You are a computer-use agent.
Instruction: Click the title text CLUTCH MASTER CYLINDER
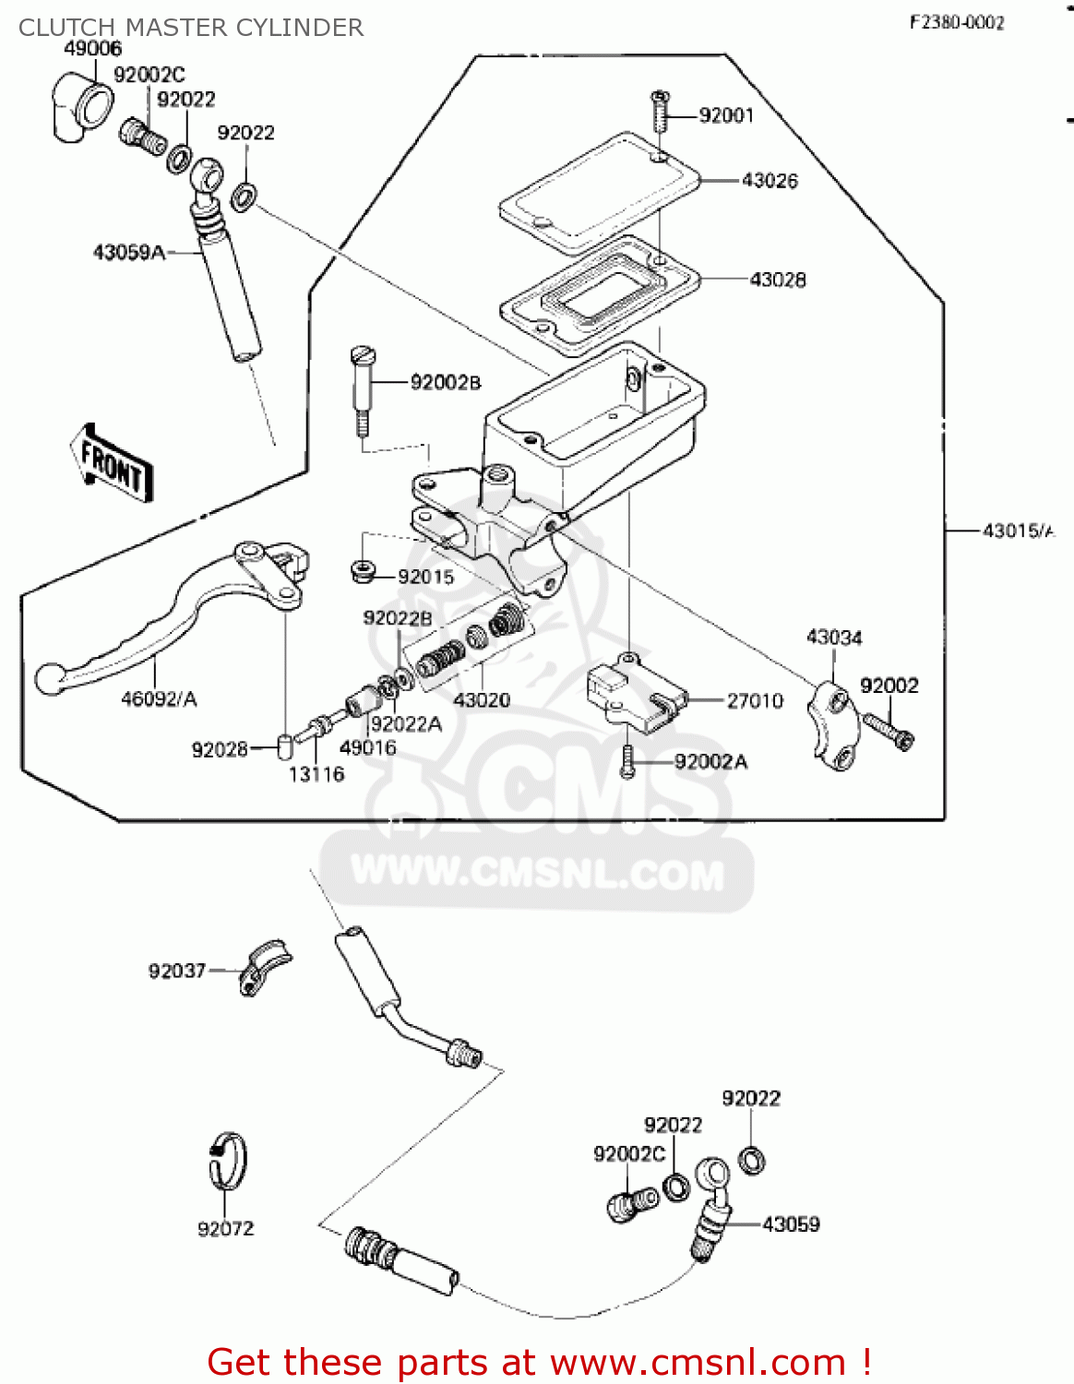(x=191, y=28)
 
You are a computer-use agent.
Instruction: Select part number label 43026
(x=770, y=181)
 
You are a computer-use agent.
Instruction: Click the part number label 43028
(x=777, y=280)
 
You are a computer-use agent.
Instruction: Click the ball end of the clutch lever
(x=48, y=679)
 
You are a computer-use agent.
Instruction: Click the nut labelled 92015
(x=363, y=570)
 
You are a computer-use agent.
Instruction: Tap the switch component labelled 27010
(x=635, y=696)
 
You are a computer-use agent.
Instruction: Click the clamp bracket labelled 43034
(x=834, y=725)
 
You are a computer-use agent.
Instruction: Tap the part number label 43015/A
(x=1018, y=531)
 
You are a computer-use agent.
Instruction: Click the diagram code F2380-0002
(x=957, y=23)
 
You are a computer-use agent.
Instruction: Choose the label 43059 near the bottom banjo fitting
(x=791, y=1224)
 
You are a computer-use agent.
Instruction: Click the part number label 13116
(x=316, y=774)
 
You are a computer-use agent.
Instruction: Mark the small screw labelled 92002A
(x=627, y=761)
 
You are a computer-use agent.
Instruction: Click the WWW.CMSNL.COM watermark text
(x=538, y=873)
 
